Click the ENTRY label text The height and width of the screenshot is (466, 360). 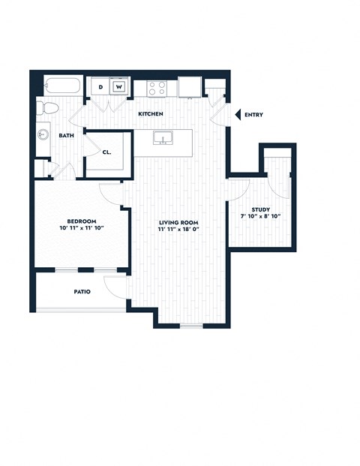pyautogui.click(x=253, y=115)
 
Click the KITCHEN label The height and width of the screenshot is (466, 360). pyautogui.click(x=151, y=113)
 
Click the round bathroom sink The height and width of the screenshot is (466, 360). pyautogui.click(x=43, y=135)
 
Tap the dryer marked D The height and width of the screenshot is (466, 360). pyautogui.click(x=101, y=87)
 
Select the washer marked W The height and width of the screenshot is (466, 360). pyautogui.click(x=118, y=87)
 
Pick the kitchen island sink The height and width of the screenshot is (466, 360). pyautogui.click(x=161, y=138)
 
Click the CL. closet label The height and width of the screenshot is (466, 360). pyautogui.click(x=107, y=152)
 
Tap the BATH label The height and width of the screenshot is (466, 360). pyautogui.click(x=66, y=136)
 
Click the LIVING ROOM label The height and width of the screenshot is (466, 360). pyautogui.click(x=177, y=221)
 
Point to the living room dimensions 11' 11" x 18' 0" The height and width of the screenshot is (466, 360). pyautogui.click(x=178, y=230)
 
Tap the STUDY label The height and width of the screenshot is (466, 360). pyautogui.click(x=261, y=210)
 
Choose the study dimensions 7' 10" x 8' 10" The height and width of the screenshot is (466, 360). pyautogui.click(x=261, y=218)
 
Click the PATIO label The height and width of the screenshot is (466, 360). pyautogui.click(x=82, y=291)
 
